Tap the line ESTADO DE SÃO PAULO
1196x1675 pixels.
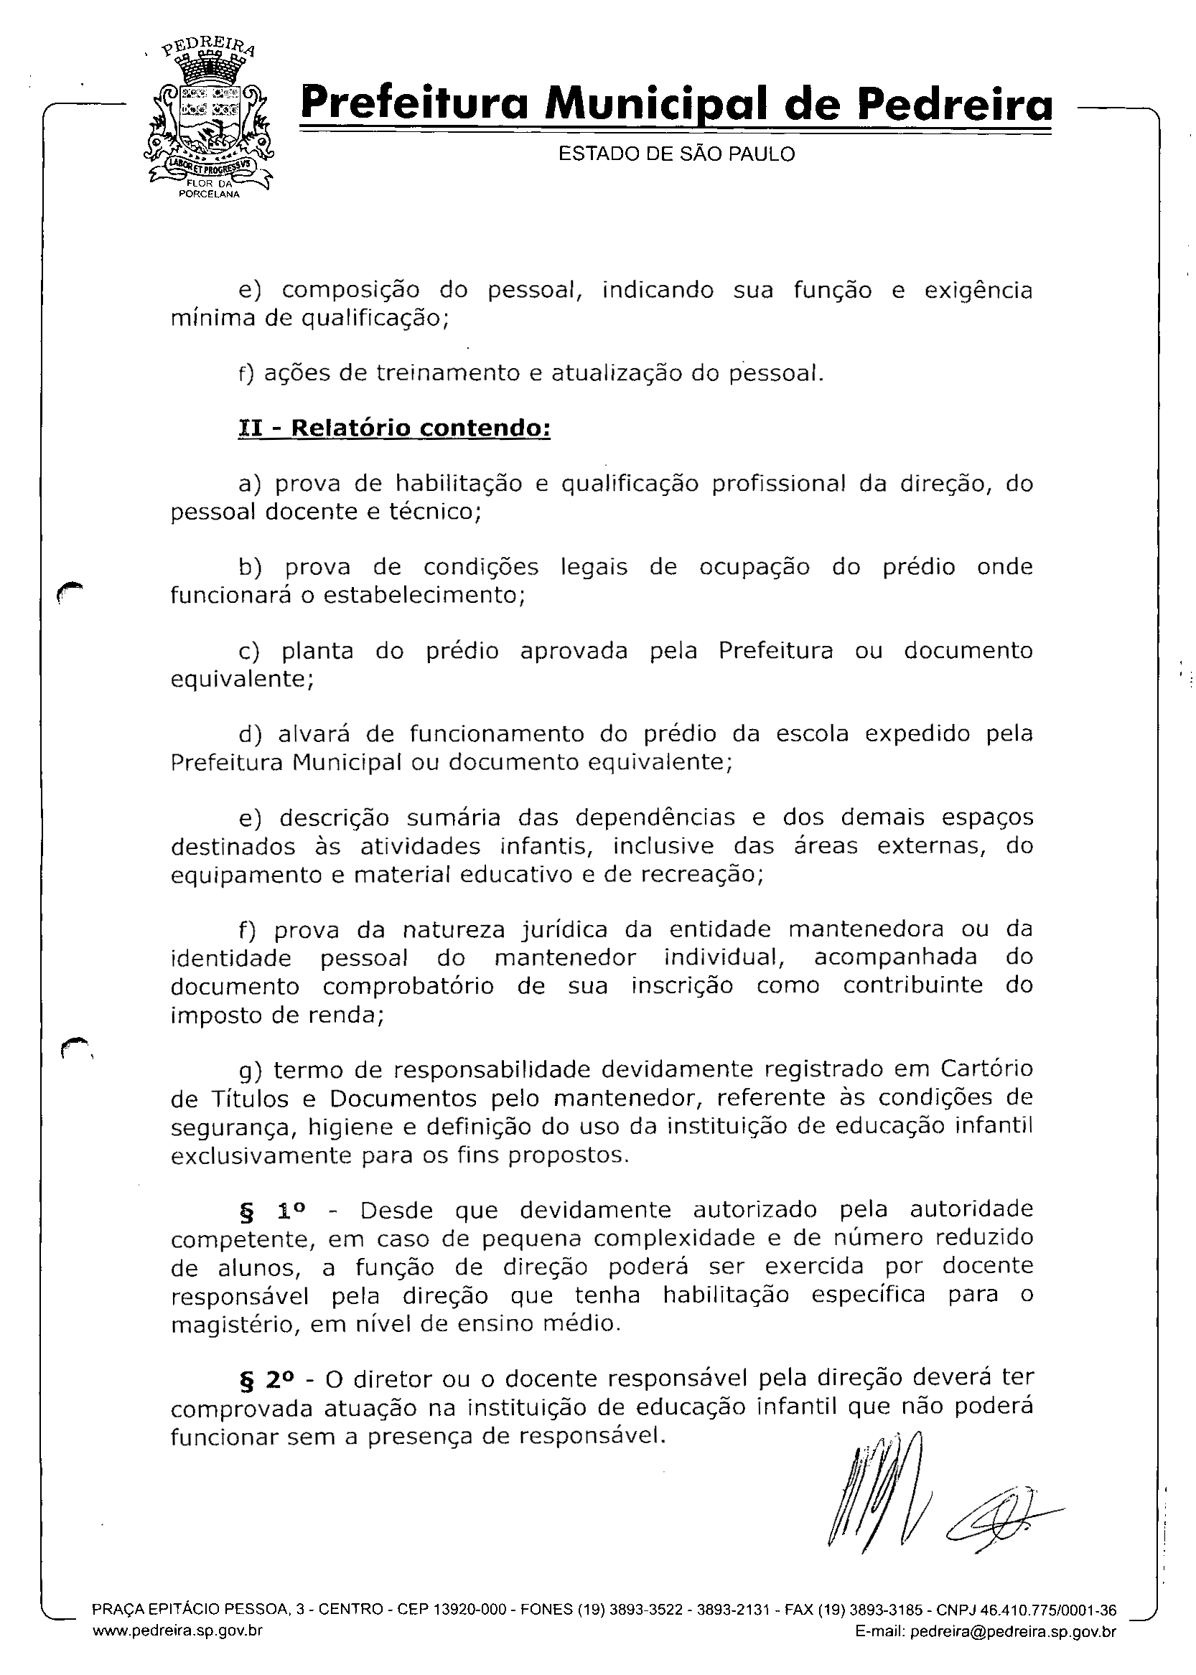pyautogui.click(x=676, y=154)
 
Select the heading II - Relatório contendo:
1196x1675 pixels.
pyautogui.click(x=394, y=428)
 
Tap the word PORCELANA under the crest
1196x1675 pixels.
pyautogui.click(x=210, y=194)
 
